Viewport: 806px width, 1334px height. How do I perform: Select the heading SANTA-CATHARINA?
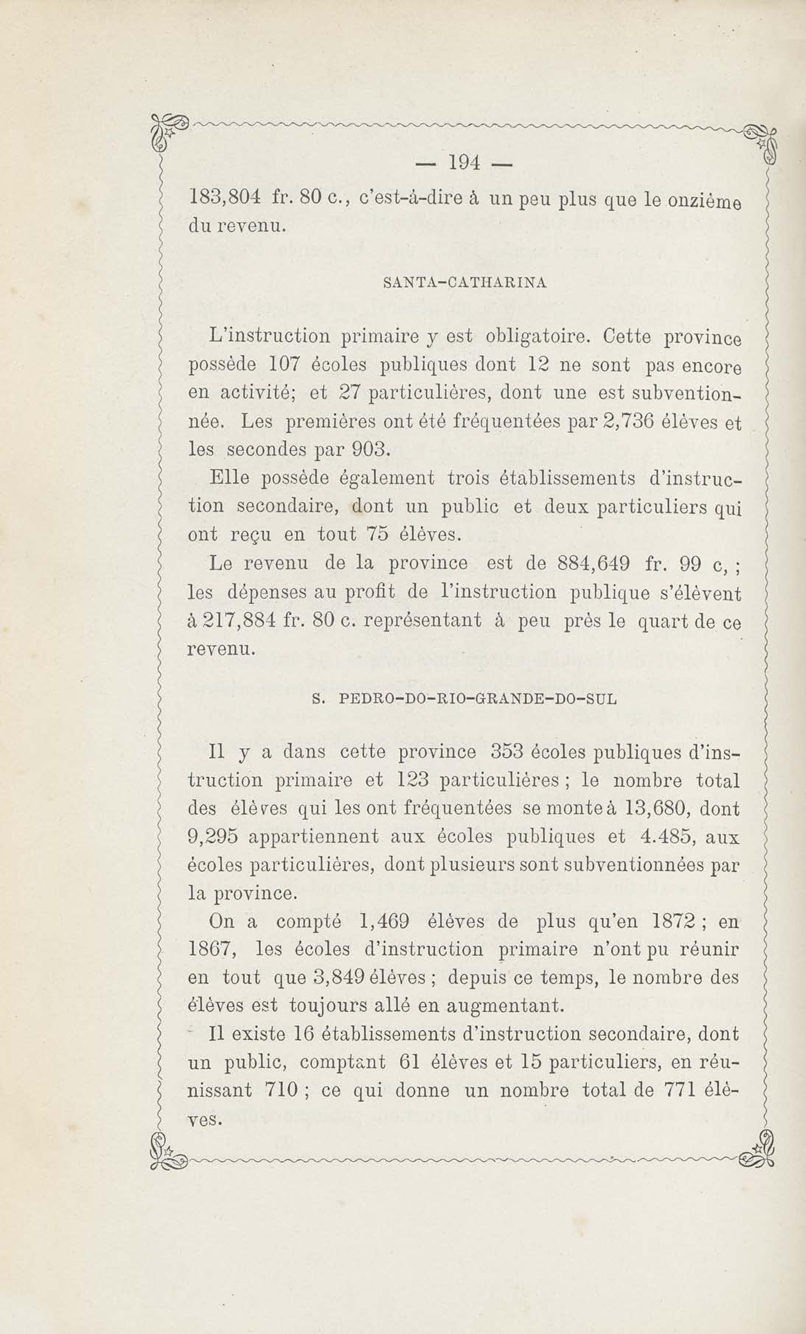point(465,283)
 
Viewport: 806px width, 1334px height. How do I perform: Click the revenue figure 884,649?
point(593,564)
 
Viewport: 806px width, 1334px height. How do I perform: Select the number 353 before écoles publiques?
point(506,752)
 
